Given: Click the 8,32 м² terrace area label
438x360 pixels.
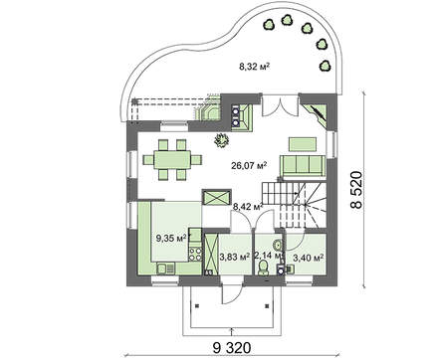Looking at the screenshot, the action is [x=254, y=67].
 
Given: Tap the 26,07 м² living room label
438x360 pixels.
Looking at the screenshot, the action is [x=249, y=165].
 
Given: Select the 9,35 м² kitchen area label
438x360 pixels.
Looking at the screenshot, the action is [x=171, y=238].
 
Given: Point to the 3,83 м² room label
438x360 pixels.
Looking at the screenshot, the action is [x=235, y=257].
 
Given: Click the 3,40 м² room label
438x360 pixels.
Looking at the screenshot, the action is [x=309, y=258].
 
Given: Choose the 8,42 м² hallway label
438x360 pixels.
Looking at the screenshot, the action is [x=248, y=208].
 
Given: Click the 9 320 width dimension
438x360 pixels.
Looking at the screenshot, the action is [x=232, y=348].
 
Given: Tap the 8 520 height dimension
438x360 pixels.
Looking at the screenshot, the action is [x=356, y=190].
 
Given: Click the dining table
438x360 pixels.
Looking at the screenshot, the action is [x=172, y=160].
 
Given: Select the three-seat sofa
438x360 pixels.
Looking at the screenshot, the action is [x=303, y=165].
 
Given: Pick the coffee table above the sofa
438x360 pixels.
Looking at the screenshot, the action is [x=302, y=144].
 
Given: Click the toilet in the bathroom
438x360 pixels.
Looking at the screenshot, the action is [x=264, y=268].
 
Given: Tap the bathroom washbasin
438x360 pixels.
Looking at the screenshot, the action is [x=278, y=245].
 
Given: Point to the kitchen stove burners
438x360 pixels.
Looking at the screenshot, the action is [x=195, y=255].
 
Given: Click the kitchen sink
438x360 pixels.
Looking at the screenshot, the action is [x=165, y=269].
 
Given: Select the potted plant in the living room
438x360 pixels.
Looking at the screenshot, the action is [x=221, y=140].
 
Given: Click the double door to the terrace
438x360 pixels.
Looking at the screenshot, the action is [x=281, y=106].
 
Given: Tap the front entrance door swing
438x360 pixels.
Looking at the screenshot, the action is [x=232, y=293].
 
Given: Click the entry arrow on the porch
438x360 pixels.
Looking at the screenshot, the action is [x=231, y=331].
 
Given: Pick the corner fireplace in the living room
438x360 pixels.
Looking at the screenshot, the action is [x=317, y=114].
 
